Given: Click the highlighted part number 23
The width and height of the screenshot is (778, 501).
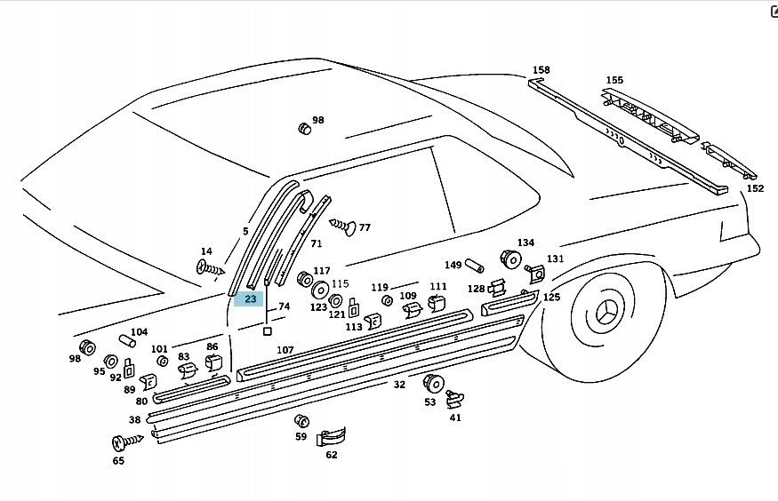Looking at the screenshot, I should pos(250,299).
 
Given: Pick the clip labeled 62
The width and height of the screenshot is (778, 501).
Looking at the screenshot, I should pos(331,436).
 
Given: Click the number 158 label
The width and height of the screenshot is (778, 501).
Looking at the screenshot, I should pos(541,69).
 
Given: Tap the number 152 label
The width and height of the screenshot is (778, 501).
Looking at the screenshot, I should pos(754,188).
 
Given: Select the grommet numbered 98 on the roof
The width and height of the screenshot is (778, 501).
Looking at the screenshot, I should pos(304,128).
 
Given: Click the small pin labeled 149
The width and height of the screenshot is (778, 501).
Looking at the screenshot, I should pos(475,266).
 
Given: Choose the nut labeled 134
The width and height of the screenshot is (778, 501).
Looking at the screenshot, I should pos(511,259).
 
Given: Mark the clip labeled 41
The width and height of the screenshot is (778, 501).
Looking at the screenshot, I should pos(455,401).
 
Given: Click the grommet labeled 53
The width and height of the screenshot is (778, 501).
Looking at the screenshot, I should pos(433,384).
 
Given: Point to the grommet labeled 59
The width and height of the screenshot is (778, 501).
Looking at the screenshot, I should pos(301,420).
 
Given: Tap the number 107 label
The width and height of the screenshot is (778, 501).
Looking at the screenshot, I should pos(285,350).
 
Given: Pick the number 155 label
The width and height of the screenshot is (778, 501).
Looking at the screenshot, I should pos(614,80).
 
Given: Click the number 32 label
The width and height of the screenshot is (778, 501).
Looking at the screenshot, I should pos(399,385).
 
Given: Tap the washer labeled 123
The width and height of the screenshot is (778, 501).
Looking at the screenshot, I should pos(318,289).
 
